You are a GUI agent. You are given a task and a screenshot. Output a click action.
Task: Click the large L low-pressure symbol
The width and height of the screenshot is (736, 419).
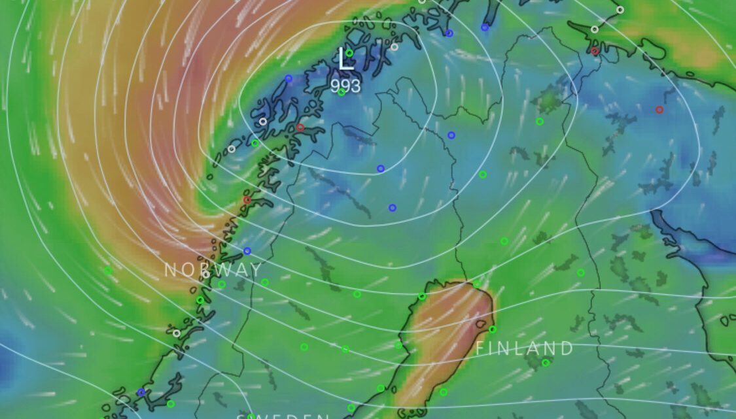[345, 60]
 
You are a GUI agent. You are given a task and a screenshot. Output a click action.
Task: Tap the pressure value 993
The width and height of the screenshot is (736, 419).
[345, 86]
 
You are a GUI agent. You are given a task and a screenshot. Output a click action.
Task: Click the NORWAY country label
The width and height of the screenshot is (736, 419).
[213, 269]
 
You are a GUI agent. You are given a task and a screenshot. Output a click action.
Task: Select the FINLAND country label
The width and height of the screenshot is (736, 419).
[524, 348]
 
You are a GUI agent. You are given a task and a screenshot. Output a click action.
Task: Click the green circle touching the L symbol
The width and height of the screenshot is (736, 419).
[349, 53]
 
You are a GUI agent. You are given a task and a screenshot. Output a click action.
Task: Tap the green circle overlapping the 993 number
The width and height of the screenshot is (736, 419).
[341, 92]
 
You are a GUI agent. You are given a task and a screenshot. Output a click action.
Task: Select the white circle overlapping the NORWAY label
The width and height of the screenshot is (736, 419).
[206, 274]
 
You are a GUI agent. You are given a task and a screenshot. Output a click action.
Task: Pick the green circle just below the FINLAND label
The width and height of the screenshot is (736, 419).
[546, 363]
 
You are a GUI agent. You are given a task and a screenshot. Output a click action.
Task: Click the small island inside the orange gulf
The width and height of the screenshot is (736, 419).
[481, 324]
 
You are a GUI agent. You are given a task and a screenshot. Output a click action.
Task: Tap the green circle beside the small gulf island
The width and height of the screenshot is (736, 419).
[492, 329]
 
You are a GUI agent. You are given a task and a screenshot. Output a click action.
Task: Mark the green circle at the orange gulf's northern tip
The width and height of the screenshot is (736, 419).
[477, 284]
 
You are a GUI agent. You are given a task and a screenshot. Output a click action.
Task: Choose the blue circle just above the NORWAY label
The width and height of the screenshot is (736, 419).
[247, 251]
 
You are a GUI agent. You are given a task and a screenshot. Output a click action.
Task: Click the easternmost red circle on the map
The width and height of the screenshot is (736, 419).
[659, 110]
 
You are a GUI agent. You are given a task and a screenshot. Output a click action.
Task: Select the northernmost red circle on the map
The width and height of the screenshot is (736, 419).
[595, 51]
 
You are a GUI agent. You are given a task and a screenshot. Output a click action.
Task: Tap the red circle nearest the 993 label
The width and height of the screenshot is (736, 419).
[300, 127]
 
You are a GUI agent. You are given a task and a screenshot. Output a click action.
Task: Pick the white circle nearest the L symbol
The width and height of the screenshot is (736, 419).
[394, 46]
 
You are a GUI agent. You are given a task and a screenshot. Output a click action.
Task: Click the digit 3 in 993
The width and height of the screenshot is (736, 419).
[355, 86]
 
